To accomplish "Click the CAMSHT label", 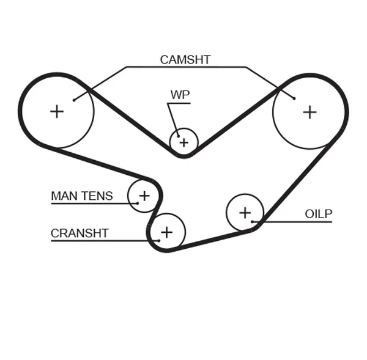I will [185, 60].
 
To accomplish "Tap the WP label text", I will [180, 95].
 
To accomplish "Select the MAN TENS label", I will [82, 196].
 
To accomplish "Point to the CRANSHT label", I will [80, 233].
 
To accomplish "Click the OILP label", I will [318, 214].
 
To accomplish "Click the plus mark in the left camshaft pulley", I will [57, 111].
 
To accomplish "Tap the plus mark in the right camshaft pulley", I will [310, 112].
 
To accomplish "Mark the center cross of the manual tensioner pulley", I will [144, 196].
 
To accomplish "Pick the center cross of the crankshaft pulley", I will [166, 232].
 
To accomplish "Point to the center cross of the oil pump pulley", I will [245, 213].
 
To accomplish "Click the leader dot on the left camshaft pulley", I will [73, 100].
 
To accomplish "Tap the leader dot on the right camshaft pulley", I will [294, 98].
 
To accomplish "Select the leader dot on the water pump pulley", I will [177, 136].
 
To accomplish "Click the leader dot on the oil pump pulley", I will [252, 221].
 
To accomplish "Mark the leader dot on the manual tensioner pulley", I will [138, 203].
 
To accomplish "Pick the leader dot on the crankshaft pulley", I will [158, 240].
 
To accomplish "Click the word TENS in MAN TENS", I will [97, 196].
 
